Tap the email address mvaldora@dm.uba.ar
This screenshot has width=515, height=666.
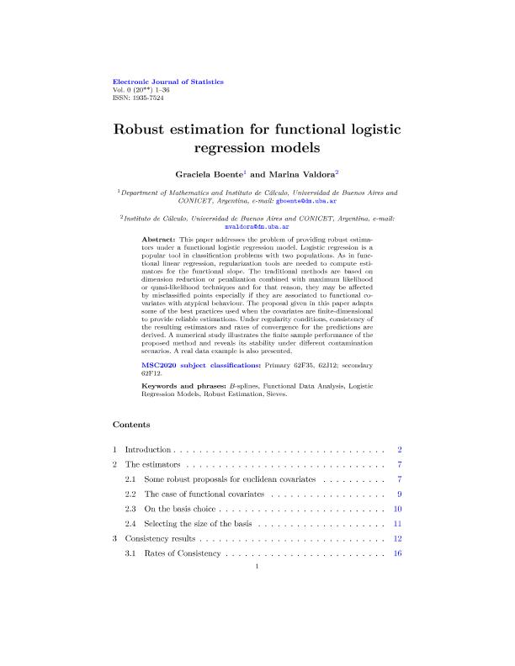point(257,226)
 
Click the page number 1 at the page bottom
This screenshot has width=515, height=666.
point(257,589)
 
